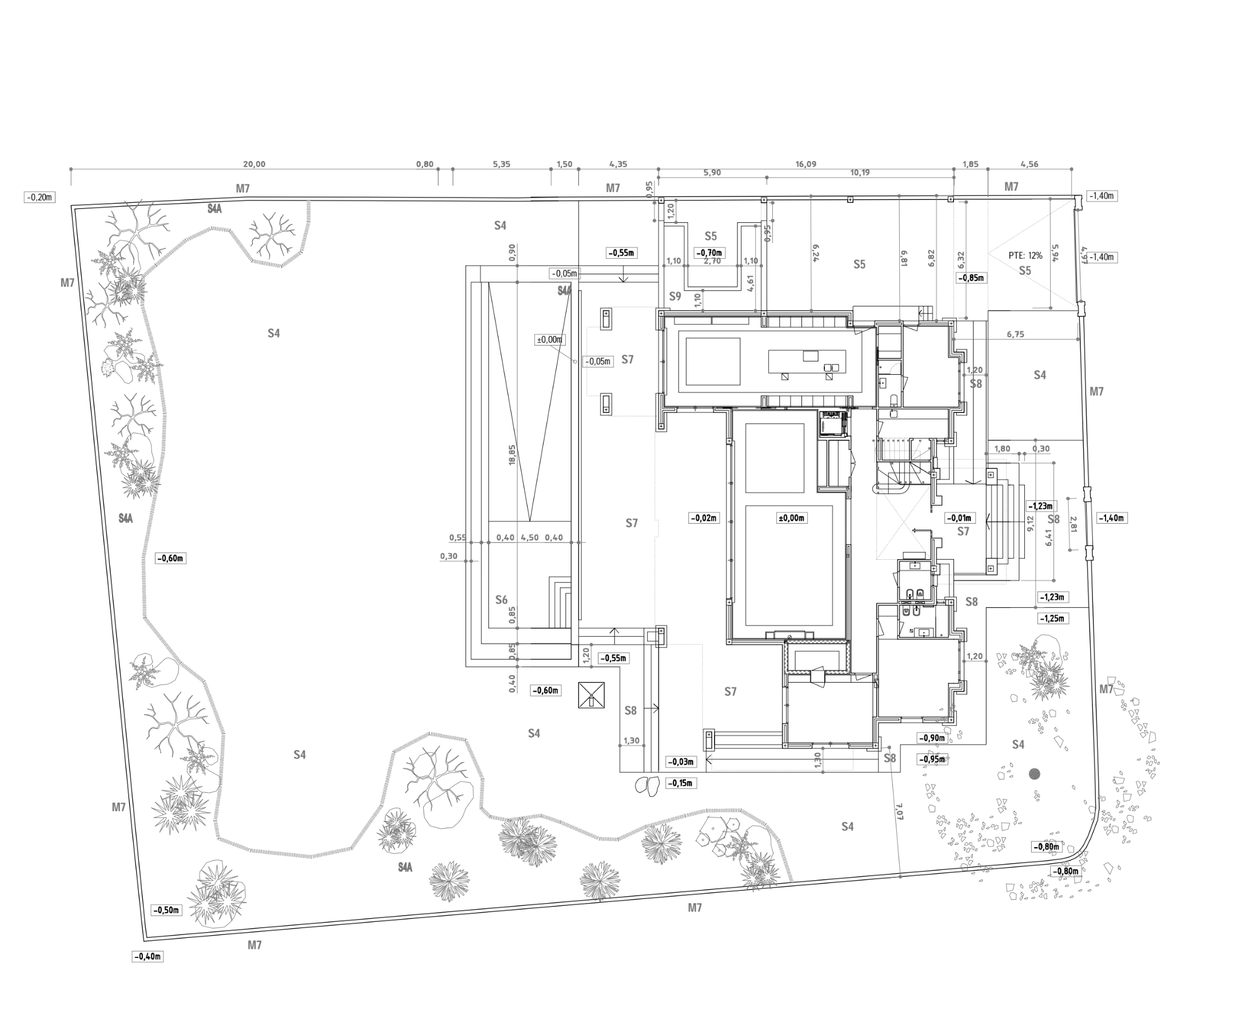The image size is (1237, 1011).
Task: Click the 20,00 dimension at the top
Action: point(254,165)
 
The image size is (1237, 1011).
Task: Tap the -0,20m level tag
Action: point(39,197)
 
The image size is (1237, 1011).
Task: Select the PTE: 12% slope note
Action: point(1025,256)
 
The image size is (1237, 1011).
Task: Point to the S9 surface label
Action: point(675,296)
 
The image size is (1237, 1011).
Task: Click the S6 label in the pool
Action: point(501,600)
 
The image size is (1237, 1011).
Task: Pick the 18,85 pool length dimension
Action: point(512,455)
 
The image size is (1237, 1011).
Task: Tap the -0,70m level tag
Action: point(711,252)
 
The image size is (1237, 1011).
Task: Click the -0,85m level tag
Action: point(972,278)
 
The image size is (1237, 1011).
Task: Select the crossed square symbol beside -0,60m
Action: point(592,695)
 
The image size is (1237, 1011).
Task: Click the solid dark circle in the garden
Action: point(1034,774)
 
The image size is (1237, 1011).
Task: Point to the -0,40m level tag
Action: point(148,956)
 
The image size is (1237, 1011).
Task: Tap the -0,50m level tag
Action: point(167,910)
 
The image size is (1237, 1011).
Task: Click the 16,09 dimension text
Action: point(806,165)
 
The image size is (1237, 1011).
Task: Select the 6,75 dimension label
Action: point(1015,334)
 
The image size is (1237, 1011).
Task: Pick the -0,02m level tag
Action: point(704,517)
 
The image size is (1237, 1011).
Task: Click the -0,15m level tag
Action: point(680,783)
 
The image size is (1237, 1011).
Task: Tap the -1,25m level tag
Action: point(1052,619)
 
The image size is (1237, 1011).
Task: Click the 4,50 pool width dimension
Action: point(530,537)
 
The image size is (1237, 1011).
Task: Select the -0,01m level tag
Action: point(959,517)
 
